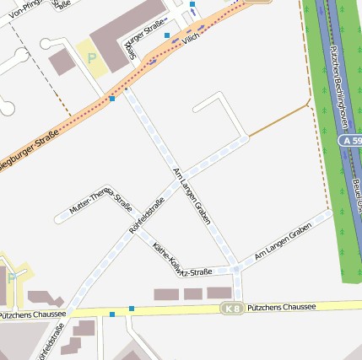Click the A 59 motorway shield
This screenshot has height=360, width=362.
tap(351, 140)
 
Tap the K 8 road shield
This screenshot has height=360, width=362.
tap(232, 309)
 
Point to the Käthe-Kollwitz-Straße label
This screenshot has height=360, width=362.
tap(181, 261)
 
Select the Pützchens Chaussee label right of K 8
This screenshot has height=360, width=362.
tap(281, 307)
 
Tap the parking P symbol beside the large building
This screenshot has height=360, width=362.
tap(91, 58)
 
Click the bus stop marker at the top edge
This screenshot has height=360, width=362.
tap(193, 4)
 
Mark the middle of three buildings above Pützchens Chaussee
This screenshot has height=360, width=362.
tap(193, 293)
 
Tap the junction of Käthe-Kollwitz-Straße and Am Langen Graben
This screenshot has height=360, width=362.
tap(237, 270)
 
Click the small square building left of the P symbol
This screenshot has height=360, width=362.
tap(62, 62)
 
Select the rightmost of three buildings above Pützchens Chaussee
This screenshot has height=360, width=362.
tap(219, 293)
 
